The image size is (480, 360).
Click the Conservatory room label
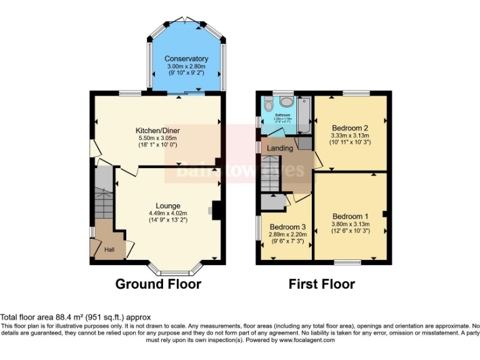pos(186,59)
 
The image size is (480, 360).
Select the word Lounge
pos(168,206)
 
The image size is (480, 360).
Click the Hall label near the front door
pos(109,250)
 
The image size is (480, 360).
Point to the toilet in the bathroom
pos(269,104)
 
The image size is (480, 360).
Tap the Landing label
pos(280,148)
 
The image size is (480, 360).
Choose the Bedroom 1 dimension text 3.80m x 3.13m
pos(350,224)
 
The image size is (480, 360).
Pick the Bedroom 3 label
pos(287,227)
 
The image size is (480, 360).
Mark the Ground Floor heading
pos(158,284)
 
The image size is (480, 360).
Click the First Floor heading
pos(321,284)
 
